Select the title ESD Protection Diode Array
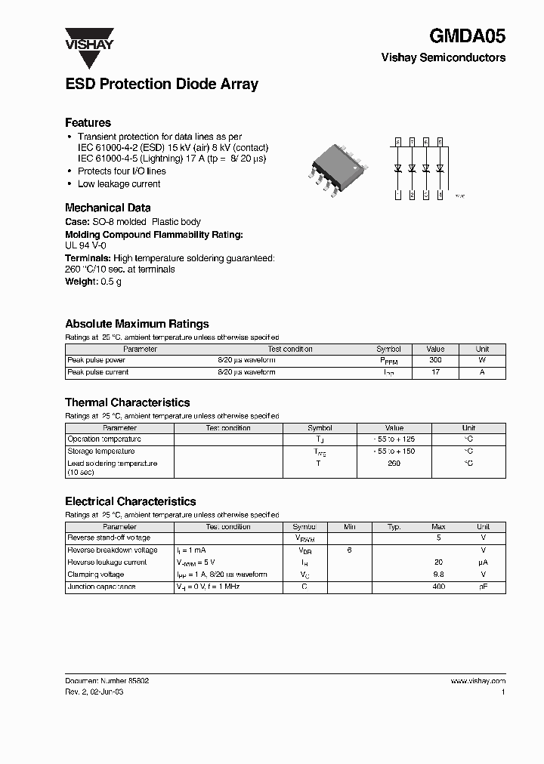[x=162, y=84]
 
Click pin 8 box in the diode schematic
[x=398, y=141]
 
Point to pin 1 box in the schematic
[x=398, y=196]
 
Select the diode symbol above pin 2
[x=413, y=168]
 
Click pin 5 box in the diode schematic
[x=440, y=141]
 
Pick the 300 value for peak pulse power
[x=435, y=360]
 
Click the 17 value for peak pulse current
[x=435, y=372]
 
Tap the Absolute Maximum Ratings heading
[x=137, y=324]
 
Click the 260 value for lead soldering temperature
[x=394, y=464]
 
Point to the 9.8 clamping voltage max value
[x=438, y=575]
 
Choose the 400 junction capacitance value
[x=438, y=587]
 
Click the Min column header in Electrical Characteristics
[x=349, y=527]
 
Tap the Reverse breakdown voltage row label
[x=113, y=550]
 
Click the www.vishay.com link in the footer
[x=478, y=681]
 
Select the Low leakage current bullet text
[x=119, y=184]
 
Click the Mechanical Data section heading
[x=107, y=208]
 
